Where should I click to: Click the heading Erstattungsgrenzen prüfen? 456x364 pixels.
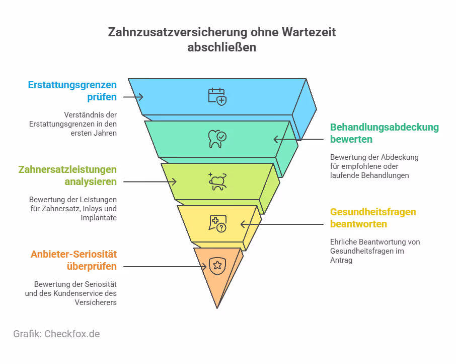click(72, 91)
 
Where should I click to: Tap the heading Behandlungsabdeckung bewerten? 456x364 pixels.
click(385, 133)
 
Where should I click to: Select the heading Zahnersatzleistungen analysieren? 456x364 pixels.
click(67, 175)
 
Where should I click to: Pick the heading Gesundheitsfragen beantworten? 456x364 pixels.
click(373, 218)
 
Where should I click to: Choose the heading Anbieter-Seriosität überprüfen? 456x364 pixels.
click(73, 260)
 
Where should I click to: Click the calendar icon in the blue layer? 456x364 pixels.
click(217, 96)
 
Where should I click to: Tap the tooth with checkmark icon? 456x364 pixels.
click(217, 139)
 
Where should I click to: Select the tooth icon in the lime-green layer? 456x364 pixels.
click(217, 181)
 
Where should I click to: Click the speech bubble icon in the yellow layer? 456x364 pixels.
click(217, 223)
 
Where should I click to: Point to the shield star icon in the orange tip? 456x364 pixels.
click(217, 266)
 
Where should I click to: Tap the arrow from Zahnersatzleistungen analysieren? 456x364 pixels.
click(149, 181)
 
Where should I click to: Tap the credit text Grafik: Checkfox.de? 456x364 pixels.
click(56, 334)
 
